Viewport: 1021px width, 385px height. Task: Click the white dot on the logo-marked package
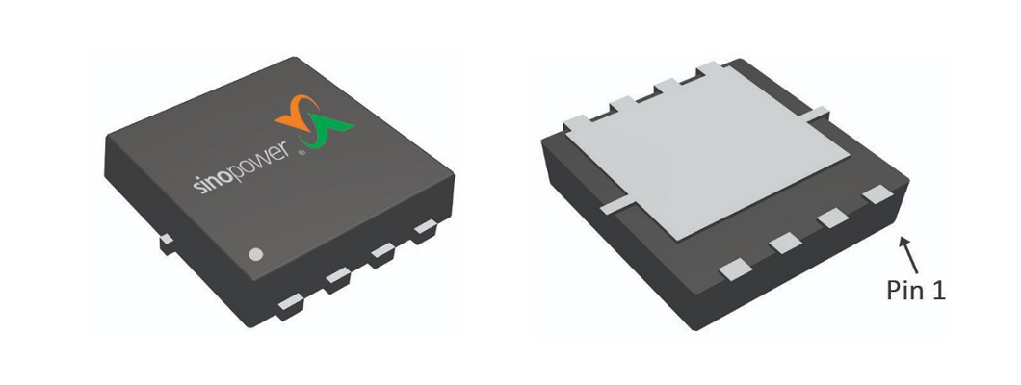pos(256,255)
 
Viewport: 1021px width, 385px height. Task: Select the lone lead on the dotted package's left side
pos(166,241)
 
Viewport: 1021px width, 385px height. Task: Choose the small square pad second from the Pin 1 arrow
pos(831,218)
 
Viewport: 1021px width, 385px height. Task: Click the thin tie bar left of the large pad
pos(615,205)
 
